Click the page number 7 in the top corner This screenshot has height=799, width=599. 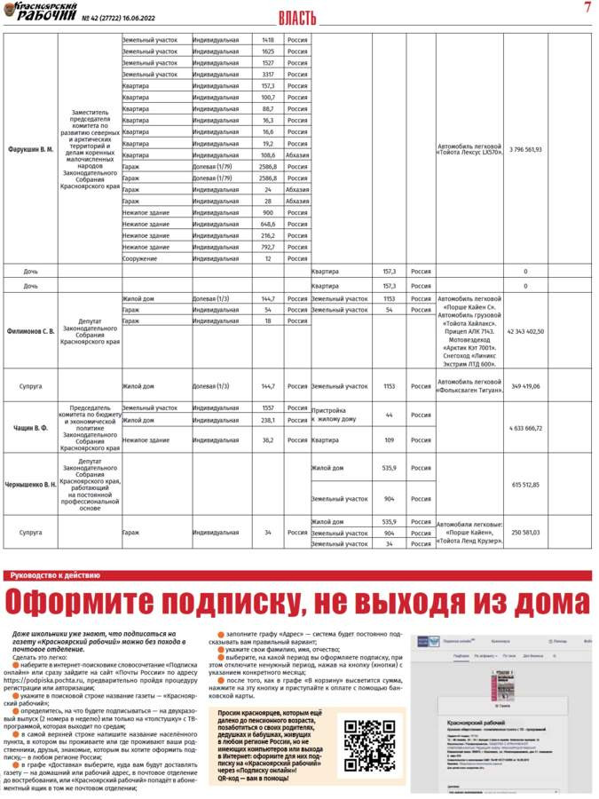[x=587, y=8]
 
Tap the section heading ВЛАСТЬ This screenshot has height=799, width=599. [x=297, y=18]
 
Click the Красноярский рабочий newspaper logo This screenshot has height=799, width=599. [x=39, y=12]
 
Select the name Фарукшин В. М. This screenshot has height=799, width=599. [x=31, y=149]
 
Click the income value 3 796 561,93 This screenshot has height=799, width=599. [x=525, y=149]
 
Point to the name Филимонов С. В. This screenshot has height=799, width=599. [x=31, y=331]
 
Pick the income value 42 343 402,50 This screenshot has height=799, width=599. [x=525, y=331]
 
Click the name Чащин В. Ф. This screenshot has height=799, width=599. [x=31, y=428]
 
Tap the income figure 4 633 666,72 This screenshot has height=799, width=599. [x=525, y=428]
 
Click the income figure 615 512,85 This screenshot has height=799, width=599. [x=525, y=485]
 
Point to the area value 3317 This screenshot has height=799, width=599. [x=268, y=75]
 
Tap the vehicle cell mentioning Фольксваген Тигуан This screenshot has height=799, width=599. [x=469, y=386]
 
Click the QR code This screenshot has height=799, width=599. [x=369, y=745]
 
